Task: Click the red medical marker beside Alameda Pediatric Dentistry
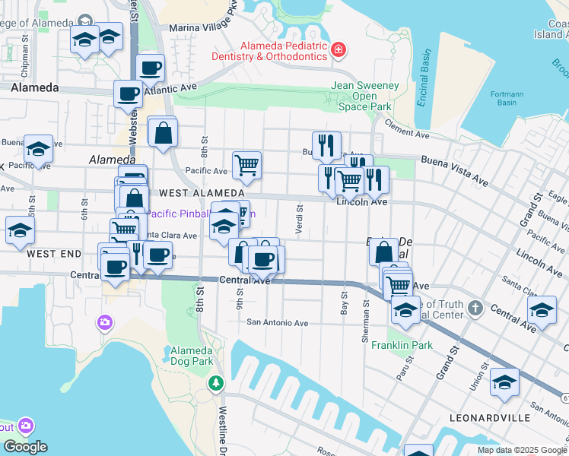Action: (x=339, y=51)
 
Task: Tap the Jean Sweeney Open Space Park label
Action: (x=365, y=97)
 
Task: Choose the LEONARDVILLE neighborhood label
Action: (x=489, y=418)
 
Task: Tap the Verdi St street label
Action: (x=299, y=219)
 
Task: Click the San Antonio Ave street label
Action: (x=277, y=322)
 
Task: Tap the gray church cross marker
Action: (x=475, y=309)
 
